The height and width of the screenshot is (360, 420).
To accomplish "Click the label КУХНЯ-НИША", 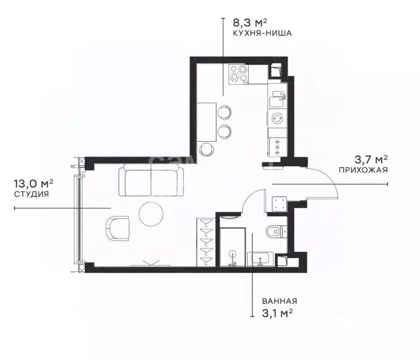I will coord(263,33).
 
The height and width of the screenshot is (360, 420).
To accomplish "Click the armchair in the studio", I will coord(118,227).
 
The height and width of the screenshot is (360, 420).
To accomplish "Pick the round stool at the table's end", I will coord(207,150).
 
